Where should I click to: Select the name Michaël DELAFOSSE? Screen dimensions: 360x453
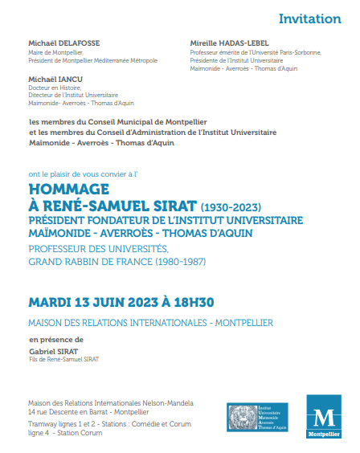pyautogui.click(x=63, y=42)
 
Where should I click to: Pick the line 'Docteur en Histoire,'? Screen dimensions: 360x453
pyautogui.click(x=55, y=88)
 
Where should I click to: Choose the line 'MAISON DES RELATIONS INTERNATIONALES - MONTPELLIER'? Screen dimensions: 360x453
pyautogui.click(x=150, y=323)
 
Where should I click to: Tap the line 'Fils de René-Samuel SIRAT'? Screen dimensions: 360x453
pyautogui.click(x=63, y=359)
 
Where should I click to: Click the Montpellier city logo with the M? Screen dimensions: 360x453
pyautogui.click(x=324, y=418)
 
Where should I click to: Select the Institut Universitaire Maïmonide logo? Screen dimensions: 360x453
pyautogui.click(x=257, y=418)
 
